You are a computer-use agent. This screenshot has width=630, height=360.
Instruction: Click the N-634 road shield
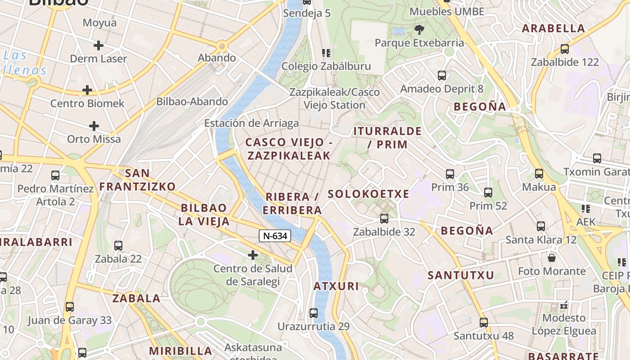275,236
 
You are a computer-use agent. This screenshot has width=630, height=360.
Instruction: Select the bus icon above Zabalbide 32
384,219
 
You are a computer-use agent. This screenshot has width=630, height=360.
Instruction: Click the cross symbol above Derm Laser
99,45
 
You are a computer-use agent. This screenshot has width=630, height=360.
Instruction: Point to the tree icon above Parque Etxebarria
419,30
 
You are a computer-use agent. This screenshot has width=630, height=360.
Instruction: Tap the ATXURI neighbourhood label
336,286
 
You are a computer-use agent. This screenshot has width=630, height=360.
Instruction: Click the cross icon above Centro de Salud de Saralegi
253,256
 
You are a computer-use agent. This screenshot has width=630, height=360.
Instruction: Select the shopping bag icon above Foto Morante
552,258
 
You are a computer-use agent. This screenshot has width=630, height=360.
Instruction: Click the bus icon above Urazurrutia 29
314,313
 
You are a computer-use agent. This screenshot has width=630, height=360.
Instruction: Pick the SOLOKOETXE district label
369,194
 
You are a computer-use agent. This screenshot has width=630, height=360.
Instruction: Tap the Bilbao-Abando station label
192,102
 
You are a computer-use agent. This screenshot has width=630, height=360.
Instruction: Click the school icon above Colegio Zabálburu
326,53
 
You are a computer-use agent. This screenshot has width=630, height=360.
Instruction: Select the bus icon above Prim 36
450,174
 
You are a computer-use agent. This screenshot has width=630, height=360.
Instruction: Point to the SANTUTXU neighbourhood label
461,275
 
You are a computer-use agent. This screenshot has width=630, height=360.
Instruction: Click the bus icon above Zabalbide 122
565,49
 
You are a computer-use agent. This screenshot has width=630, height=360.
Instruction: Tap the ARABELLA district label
553,28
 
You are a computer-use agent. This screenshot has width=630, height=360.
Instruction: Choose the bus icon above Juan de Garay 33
70,307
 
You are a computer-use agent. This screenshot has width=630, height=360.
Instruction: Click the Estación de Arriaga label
251,123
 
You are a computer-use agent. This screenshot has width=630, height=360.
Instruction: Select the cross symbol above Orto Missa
94,126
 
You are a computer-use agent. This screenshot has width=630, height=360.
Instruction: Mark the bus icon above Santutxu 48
484,322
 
